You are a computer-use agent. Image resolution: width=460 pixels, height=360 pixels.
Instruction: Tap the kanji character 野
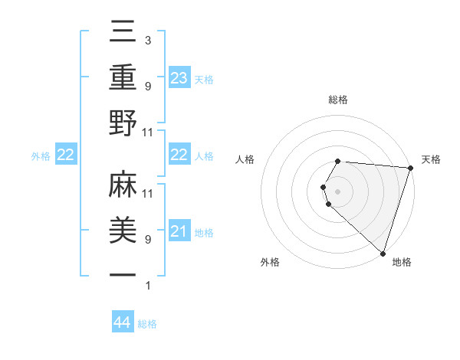[x=123, y=123]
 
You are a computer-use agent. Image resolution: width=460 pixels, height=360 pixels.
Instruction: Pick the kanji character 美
[x=123, y=231]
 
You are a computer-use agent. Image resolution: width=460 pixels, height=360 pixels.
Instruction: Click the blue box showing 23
[x=179, y=77]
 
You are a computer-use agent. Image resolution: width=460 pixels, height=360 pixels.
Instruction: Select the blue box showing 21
[x=179, y=231]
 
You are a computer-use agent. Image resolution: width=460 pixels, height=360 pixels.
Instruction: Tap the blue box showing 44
[x=123, y=323]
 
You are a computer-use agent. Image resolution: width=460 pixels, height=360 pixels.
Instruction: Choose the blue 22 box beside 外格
[x=66, y=155]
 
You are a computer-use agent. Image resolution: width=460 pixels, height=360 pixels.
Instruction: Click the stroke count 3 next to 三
[x=147, y=40]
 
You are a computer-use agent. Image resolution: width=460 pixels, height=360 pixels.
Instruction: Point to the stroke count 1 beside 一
[x=147, y=286]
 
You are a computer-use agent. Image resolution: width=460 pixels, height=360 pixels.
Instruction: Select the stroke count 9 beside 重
[x=147, y=86]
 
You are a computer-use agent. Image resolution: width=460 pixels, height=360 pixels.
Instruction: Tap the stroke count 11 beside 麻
[x=149, y=193]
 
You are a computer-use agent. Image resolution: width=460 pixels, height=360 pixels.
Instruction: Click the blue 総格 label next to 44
[x=147, y=324]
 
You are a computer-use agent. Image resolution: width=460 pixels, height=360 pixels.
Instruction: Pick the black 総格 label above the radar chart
[x=338, y=100]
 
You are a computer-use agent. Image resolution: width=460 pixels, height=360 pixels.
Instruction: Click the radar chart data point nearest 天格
[x=410, y=168]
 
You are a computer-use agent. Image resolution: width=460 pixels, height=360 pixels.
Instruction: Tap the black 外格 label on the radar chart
[x=270, y=263]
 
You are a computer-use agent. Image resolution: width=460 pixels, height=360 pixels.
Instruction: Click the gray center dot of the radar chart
[x=338, y=191]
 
